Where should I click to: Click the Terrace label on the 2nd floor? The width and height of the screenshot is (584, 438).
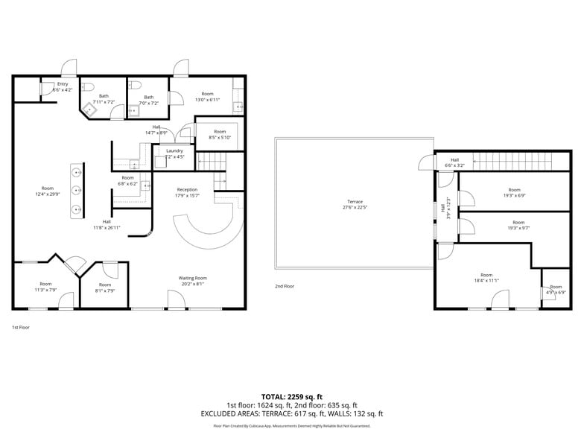[x=354, y=202]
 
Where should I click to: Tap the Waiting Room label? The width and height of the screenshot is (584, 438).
[x=191, y=279]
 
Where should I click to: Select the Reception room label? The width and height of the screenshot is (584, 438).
[x=187, y=189]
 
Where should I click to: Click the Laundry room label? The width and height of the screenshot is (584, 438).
[x=174, y=150]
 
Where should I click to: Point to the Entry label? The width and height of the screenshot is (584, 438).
[x=63, y=84]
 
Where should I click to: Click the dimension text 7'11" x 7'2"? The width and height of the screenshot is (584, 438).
[x=104, y=101]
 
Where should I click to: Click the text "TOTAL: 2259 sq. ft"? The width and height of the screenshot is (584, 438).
[x=291, y=396]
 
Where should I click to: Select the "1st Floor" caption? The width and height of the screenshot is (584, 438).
[x=20, y=327]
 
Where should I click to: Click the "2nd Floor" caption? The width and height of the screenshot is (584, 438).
[x=284, y=286]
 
